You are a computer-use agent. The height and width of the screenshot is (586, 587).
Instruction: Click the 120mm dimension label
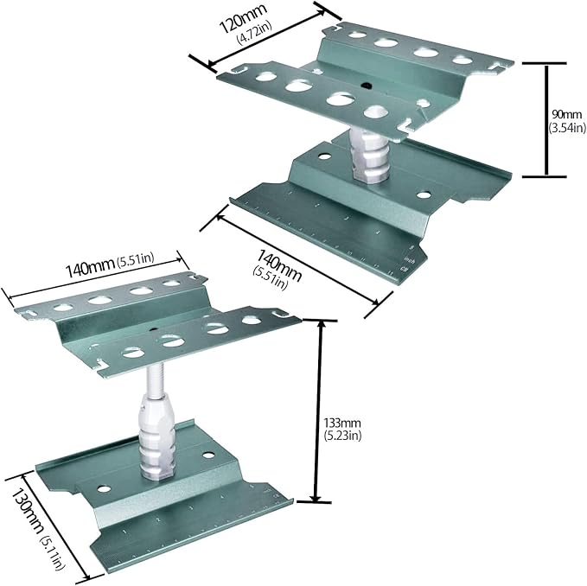[x=243, y=18]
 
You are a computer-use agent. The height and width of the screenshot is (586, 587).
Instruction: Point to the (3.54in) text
[x=567, y=128]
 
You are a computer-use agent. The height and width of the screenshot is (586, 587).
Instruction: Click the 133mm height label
[x=342, y=424]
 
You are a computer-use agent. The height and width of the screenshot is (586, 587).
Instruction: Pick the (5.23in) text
[x=342, y=436]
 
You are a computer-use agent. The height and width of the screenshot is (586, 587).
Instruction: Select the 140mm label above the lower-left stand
[x=90, y=267]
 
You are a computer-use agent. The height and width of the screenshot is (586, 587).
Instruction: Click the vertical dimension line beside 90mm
[x=546, y=120]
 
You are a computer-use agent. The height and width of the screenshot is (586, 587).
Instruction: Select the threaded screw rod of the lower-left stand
[x=155, y=379]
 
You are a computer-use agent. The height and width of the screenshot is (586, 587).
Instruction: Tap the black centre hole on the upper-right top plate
[x=366, y=86]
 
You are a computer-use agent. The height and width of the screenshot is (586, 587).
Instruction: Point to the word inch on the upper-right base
[x=409, y=259]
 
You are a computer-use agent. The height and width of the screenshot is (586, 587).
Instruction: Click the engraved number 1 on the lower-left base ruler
[x=124, y=532]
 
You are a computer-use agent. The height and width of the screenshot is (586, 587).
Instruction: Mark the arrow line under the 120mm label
[x=266, y=38]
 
